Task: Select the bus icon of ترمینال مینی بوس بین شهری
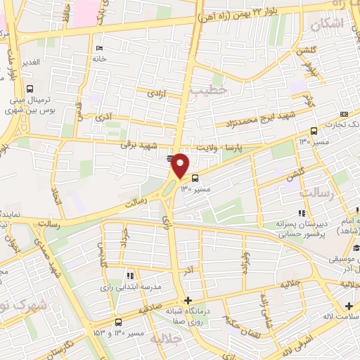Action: [x=30, y=89]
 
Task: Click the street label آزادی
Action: [x=156, y=93]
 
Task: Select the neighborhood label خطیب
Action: [x=210, y=90]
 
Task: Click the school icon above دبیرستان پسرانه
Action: [x=302, y=213]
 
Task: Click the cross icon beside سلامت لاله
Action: [x=349, y=306]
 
